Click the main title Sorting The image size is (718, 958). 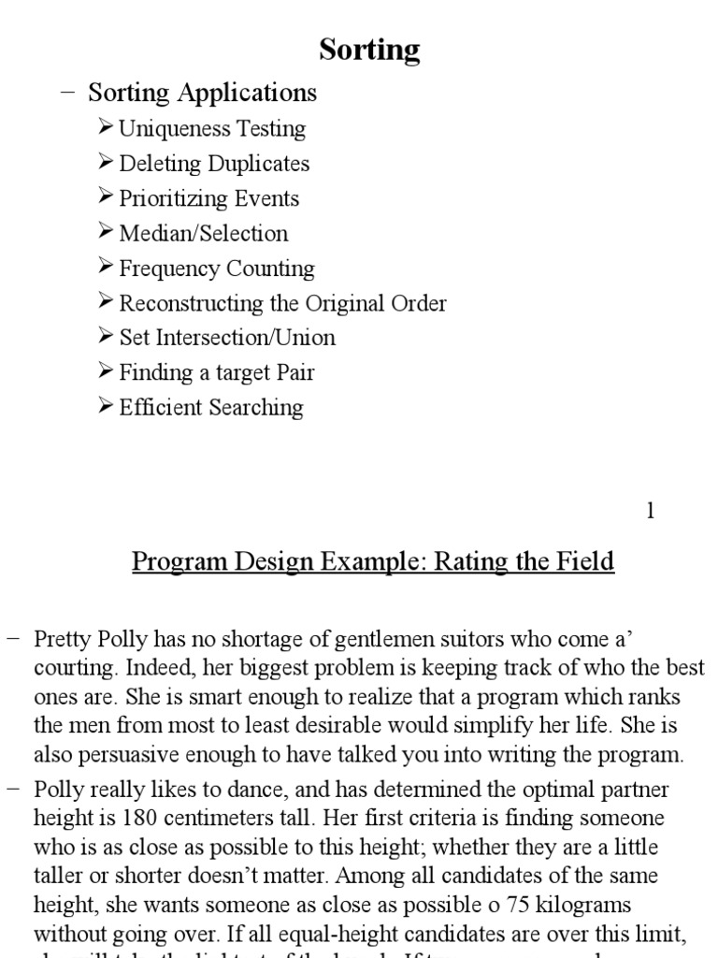[x=369, y=49]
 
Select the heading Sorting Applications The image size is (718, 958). [x=202, y=93]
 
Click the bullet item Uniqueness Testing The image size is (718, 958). [x=212, y=129]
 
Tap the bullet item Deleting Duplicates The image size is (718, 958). [x=214, y=164]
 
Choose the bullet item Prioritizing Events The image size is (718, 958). [x=209, y=198]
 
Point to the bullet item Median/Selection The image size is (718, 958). [x=204, y=233]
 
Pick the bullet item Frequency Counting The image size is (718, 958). [x=217, y=269]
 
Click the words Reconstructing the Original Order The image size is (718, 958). [x=282, y=303]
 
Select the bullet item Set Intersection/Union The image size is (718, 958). [x=227, y=338]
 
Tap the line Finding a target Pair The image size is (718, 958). [x=217, y=372]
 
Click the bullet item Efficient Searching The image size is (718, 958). [x=211, y=407]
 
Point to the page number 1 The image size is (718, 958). [x=651, y=510]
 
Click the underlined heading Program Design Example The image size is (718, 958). [x=373, y=561]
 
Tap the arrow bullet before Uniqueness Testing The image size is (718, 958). [x=105, y=128]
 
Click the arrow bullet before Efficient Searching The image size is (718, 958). [x=105, y=406]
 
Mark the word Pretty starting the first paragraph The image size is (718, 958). [x=65, y=640]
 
